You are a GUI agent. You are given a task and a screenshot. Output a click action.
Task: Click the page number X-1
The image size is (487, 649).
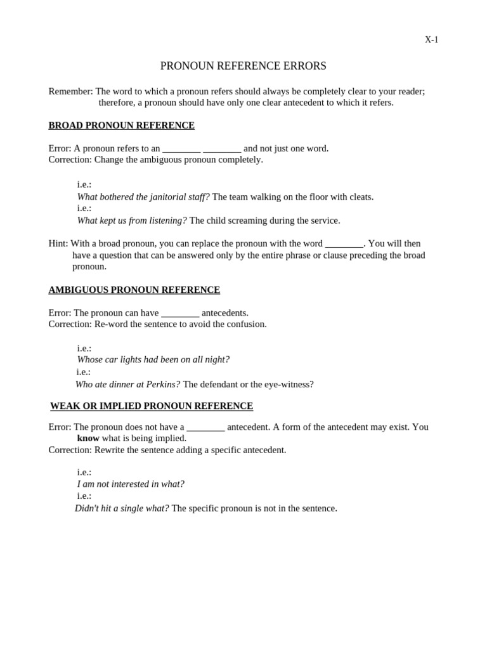coord(431,40)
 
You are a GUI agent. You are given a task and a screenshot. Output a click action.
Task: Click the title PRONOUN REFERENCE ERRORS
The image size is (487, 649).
coord(243,66)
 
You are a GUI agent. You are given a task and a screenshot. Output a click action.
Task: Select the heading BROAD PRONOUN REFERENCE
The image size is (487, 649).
coord(121,125)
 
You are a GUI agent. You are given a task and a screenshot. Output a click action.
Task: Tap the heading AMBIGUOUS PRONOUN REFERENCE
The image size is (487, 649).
coord(134,290)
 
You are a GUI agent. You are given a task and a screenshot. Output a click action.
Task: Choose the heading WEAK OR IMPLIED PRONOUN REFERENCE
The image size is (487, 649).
coord(152,406)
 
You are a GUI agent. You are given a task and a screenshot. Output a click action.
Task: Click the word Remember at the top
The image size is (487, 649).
coord(70,91)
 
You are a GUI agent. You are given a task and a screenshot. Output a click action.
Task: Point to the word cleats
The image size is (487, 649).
coord(360,197)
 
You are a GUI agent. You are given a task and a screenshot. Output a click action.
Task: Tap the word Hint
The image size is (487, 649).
coord(58,243)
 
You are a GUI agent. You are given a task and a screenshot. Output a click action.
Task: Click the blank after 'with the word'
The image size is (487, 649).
coord(344,244)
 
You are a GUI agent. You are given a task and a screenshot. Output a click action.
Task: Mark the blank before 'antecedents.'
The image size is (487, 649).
coord(180,313)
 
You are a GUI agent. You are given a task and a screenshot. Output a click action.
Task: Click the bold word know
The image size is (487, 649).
coord(88,438)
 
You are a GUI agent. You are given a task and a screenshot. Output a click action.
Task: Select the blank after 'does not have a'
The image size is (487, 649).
coord(205,428)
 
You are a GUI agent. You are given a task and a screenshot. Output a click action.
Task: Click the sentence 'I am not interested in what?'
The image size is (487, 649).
coord(131,484)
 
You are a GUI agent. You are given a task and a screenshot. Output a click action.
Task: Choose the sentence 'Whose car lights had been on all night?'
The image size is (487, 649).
coord(153,359)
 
